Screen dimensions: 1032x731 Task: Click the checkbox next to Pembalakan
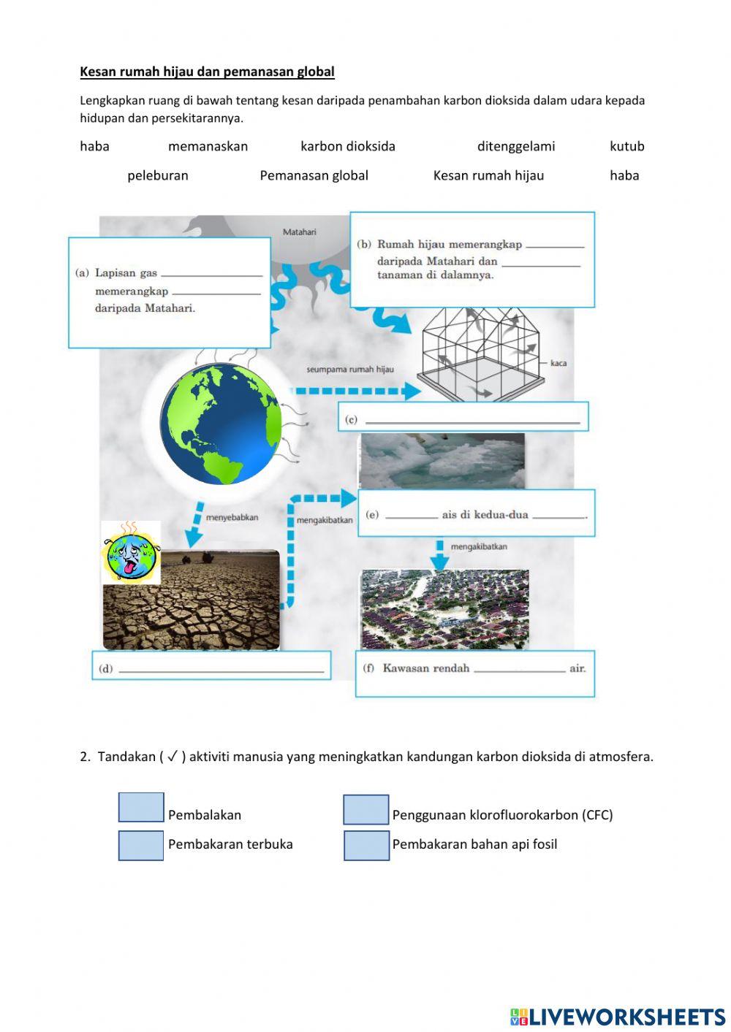coord(141,808)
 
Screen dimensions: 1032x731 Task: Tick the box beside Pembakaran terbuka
coord(141,846)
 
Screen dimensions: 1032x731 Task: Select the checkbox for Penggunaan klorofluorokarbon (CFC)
coord(366,810)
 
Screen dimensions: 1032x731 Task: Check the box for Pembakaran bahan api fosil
coord(366,846)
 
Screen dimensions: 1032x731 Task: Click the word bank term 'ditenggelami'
coord(516,146)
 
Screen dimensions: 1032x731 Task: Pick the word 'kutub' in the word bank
coord(626,146)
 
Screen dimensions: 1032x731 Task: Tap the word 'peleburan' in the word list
coord(158,175)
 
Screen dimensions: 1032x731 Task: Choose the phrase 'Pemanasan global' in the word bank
coord(314,175)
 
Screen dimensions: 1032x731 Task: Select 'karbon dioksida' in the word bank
coord(348,146)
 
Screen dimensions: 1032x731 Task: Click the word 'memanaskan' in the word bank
coord(208,146)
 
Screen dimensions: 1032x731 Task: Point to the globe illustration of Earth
coord(220,424)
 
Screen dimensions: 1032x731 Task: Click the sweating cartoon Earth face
coord(130,553)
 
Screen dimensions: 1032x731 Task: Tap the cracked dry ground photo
coord(192,600)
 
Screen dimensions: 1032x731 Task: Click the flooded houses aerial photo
coord(444,610)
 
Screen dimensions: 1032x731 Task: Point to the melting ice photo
coord(442,460)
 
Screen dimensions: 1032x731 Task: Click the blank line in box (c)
coord(472,421)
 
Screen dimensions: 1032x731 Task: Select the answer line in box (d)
coord(221,669)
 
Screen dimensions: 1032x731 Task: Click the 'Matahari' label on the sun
coord(300,232)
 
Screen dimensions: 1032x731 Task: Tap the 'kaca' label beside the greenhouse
coord(558,363)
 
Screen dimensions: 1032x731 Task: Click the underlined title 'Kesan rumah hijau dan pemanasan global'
coord(207,72)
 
